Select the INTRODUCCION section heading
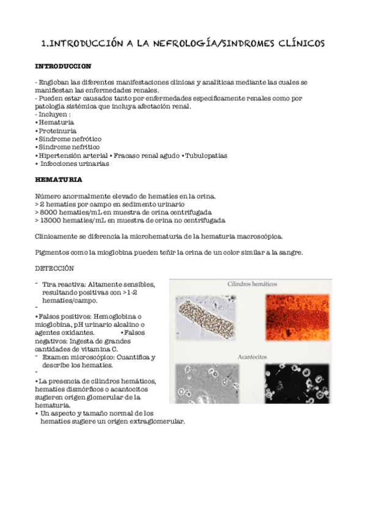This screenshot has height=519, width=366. click(64, 65)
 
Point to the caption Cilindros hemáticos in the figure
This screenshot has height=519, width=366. click(252, 285)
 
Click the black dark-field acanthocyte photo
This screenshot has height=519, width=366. click(298, 383)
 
